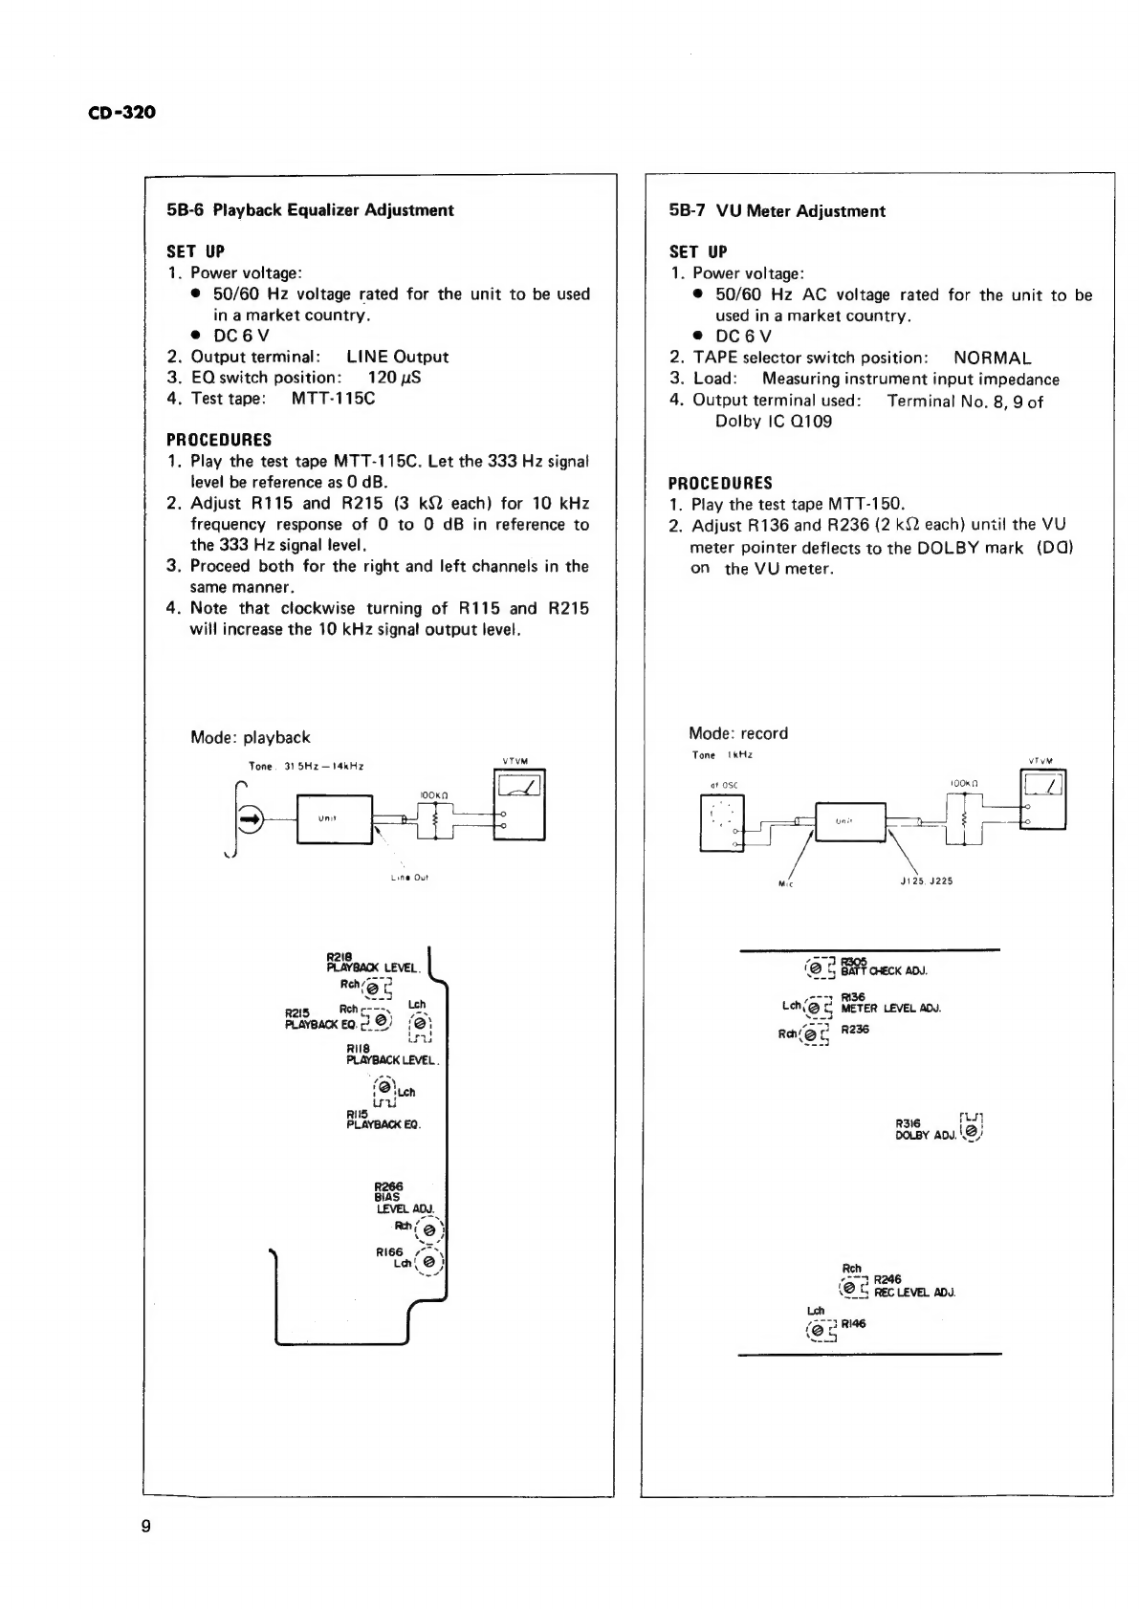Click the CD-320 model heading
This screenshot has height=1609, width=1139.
coord(120,113)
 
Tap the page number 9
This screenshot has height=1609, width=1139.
coord(146,1526)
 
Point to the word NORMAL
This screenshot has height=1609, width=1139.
coord(992,359)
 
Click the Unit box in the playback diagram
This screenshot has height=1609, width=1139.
coord(335,819)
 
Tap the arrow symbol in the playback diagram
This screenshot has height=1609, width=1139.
coord(250,818)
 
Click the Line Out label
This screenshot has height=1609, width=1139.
coord(414,877)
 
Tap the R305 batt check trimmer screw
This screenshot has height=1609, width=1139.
coord(816,969)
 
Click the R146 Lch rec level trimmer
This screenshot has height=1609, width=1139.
coord(817,1330)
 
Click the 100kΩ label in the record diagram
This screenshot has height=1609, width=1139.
coord(962,783)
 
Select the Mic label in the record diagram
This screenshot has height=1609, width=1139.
coord(787,882)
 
